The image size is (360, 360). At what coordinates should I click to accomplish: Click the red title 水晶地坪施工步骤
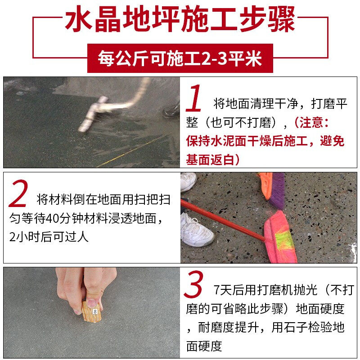180,19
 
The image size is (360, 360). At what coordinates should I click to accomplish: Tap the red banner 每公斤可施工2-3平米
180,58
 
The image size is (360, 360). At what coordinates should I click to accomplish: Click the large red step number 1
194,98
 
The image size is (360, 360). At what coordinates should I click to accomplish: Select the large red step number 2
18,193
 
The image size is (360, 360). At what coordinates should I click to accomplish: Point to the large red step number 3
193,284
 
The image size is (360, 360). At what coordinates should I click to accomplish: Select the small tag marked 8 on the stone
95,311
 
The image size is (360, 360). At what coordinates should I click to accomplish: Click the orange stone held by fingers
92,312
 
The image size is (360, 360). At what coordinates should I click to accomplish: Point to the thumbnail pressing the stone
92,303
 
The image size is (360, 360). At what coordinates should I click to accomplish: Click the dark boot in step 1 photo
171,110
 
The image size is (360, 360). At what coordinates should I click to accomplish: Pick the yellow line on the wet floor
131,151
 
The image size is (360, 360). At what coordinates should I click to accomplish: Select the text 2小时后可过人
49,237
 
